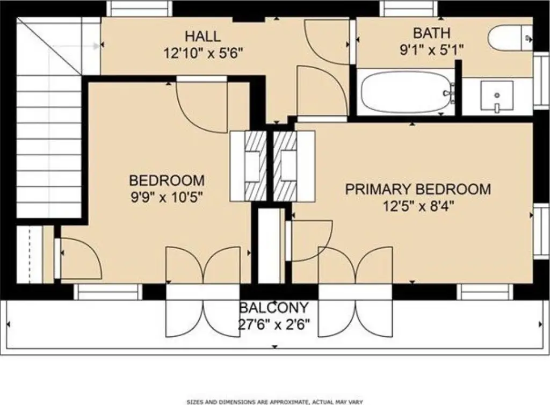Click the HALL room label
pyautogui.click(x=202, y=37)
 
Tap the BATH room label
pyautogui.click(x=431, y=33)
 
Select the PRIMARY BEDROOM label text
pyautogui.click(x=418, y=189)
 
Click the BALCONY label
pyautogui.click(x=274, y=308)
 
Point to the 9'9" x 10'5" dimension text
pyautogui.click(x=167, y=198)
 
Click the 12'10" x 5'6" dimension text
pyautogui.click(x=204, y=53)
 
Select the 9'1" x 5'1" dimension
pyautogui.click(x=432, y=50)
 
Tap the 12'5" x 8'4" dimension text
pyautogui.click(x=418, y=206)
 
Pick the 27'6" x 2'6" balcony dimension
pyautogui.click(x=274, y=324)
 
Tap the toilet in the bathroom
pyautogui.click(x=510, y=38)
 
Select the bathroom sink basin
pyautogui.click(x=497, y=96)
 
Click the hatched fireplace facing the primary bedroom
pyautogui.click(x=285, y=166)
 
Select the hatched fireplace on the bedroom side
pyautogui.click(x=256, y=166)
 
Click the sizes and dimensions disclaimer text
pyautogui.click(x=274, y=402)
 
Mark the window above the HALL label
pyautogui.click(x=140, y=9)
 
